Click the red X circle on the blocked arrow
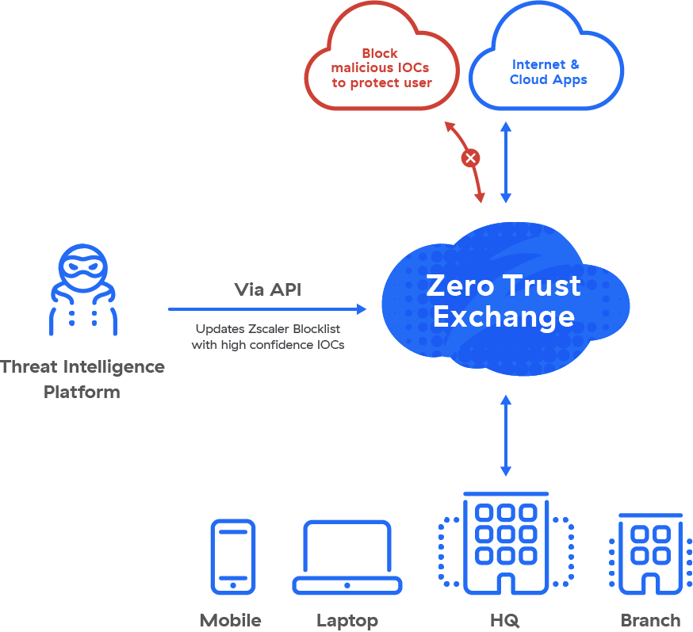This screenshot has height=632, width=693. point(471,159)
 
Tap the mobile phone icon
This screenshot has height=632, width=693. point(232,557)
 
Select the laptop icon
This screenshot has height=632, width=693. point(347,557)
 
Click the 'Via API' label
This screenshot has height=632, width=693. point(267,289)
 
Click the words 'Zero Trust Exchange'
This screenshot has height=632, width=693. point(503,301)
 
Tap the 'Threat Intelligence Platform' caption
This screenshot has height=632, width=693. point(82,379)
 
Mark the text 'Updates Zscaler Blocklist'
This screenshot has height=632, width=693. point(268,328)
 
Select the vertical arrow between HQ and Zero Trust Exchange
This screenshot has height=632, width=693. point(506,435)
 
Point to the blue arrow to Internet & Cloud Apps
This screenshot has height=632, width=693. point(506,163)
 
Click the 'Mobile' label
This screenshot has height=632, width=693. point(230,620)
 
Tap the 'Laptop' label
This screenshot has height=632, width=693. point(347,620)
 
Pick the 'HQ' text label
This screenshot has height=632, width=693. point(506,620)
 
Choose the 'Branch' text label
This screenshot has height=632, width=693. point(650,620)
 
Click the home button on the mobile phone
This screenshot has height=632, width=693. point(232,585)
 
